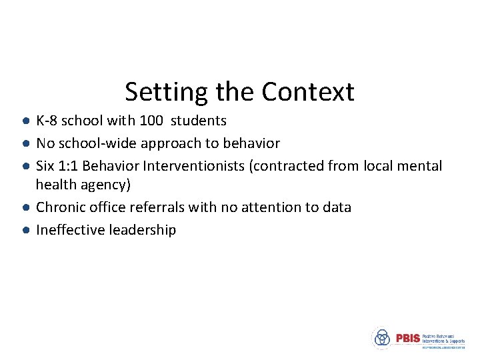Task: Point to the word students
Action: pos(199,121)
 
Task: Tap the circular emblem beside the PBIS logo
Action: pos(382,338)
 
